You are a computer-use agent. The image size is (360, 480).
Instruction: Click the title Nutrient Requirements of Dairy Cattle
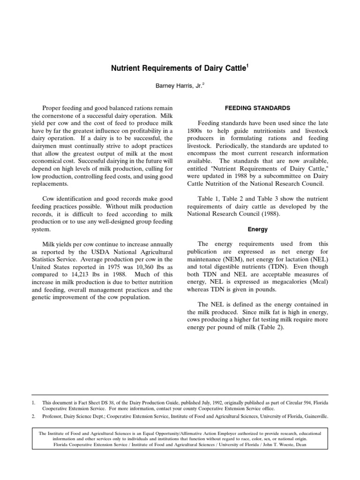pyautogui.click(x=178, y=69)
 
